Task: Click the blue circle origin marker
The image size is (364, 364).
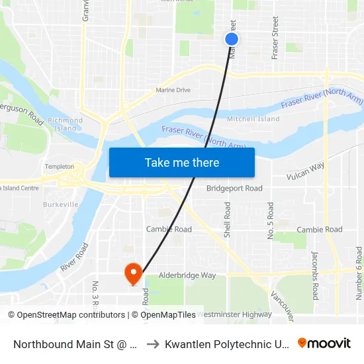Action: [232, 40]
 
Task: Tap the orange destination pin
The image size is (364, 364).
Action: [133, 273]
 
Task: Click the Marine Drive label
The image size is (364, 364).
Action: [173, 90]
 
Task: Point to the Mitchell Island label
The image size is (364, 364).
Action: [253, 119]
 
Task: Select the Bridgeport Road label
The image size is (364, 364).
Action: [234, 188]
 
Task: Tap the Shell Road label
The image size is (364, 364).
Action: [227, 220]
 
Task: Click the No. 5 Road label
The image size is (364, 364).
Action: [270, 220]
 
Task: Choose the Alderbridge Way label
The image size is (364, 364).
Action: [187, 275]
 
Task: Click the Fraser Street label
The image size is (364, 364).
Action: [275, 39]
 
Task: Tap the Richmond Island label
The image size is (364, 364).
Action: [66, 124]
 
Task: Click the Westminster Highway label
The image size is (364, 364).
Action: [234, 314]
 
